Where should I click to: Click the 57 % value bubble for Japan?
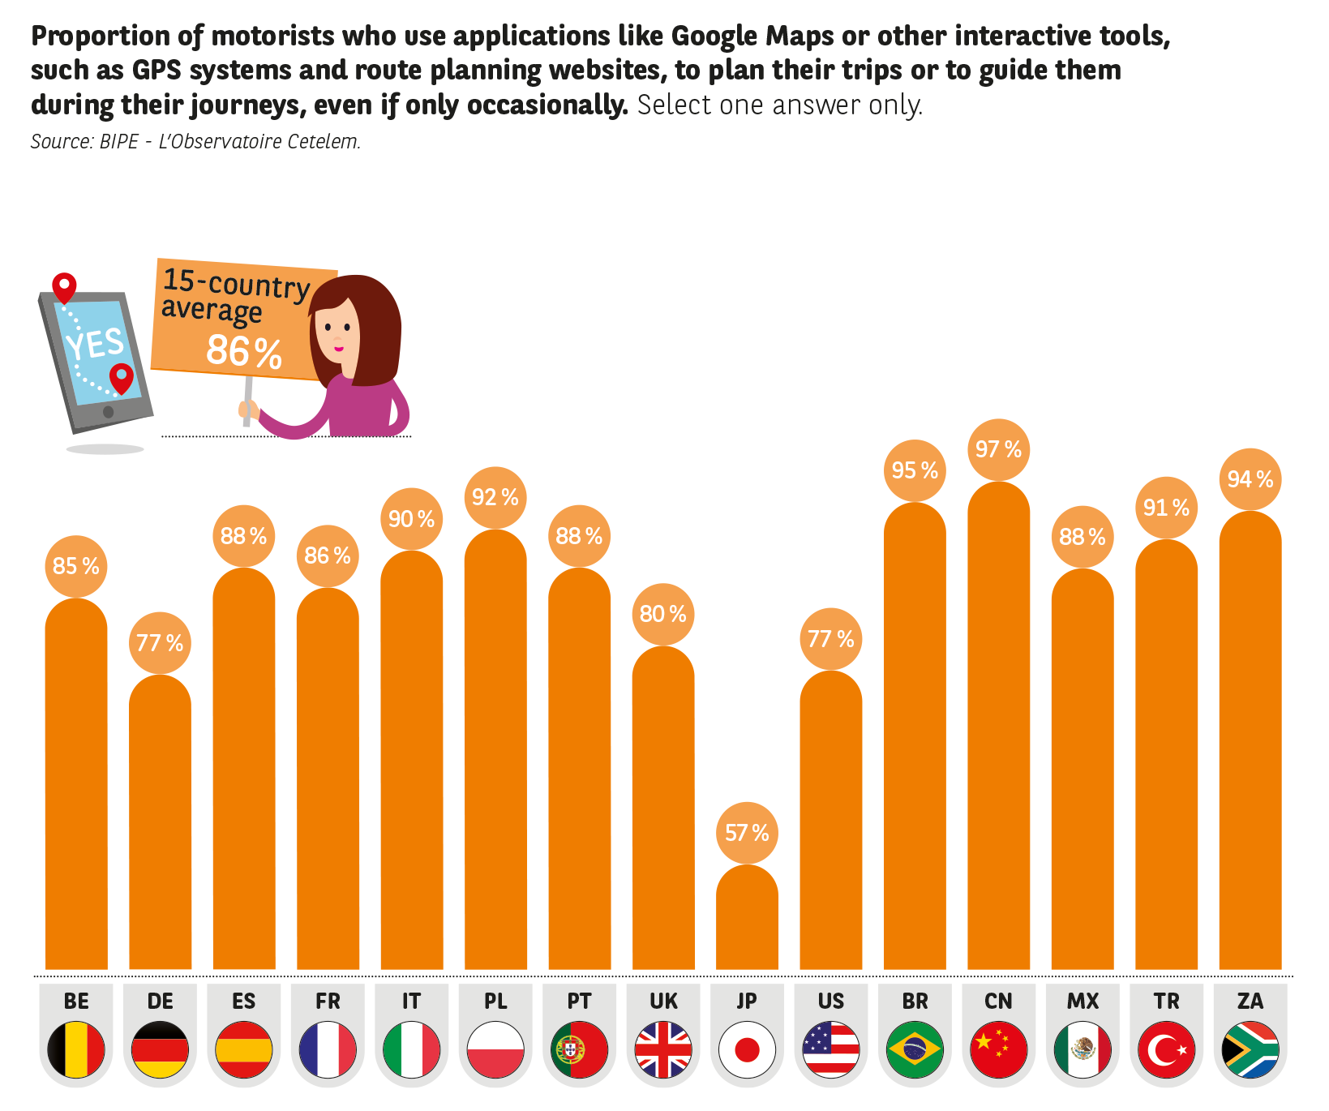pyautogui.click(x=747, y=833)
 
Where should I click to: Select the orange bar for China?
pyautogui.click(x=998, y=730)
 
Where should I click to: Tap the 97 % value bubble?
pyautogui.click(x=998, y=449)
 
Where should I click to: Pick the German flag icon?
pyautogui.click(x=160, y=1049)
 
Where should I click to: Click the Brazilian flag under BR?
pyautogui.click(x=915, y=1049)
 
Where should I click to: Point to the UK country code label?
pyautogui.click(x=663, y=1002)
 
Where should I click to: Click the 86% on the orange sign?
pyautogui.click(x=243, y=351)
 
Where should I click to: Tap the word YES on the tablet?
pyautogui.click(x=96, y=344)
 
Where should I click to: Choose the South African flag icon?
pyautogui.click(x=1250, y=1049)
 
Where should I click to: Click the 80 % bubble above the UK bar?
pyautogui.click(x=662, y=614)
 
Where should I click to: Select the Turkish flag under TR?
pyautogui.click(x=1166, y=1049)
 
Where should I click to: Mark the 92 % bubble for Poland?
pyautogui.click(x=495, y=497)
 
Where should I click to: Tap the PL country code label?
pyautogui.click(x=495, y=1002)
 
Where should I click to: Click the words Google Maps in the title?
pyautogui.click(x=752, y=36)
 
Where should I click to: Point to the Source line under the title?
pyautogui.click(x=195, y=142)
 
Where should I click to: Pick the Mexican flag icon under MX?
pyautogui.click(x=1082, y=1049)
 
